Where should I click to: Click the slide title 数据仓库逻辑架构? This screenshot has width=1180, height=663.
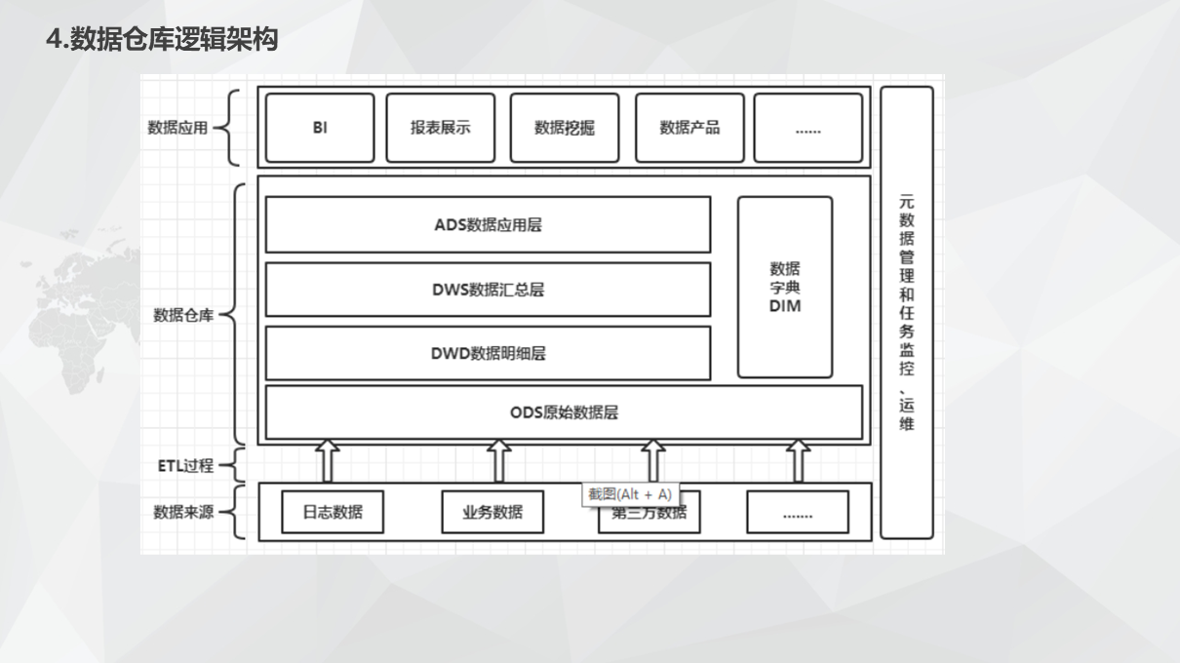point(162,40)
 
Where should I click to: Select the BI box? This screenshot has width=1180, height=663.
point(320,128)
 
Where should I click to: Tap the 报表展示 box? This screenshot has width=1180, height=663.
point(440,128)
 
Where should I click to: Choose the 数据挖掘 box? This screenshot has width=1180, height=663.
point(564,128)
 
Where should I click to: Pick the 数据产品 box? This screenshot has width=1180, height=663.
point(688,128)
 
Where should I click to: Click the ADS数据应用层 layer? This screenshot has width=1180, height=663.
point(488,225)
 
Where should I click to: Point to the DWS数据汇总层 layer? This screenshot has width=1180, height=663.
point(488,290)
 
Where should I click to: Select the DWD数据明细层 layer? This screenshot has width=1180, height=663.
point(488,353)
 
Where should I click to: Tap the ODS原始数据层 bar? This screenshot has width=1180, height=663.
point(564,412)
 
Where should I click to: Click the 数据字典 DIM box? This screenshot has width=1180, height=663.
point(784,287)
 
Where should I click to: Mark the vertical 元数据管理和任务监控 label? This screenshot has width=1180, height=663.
point(906,312)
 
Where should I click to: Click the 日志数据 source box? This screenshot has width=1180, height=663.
point(332,512)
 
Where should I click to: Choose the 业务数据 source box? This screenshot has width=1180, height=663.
point(492,512)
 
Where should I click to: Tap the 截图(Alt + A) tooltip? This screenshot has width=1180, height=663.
point(629,494)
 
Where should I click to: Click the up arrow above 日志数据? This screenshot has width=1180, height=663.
point(327,460)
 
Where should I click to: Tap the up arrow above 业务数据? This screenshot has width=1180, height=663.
point(498,460)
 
